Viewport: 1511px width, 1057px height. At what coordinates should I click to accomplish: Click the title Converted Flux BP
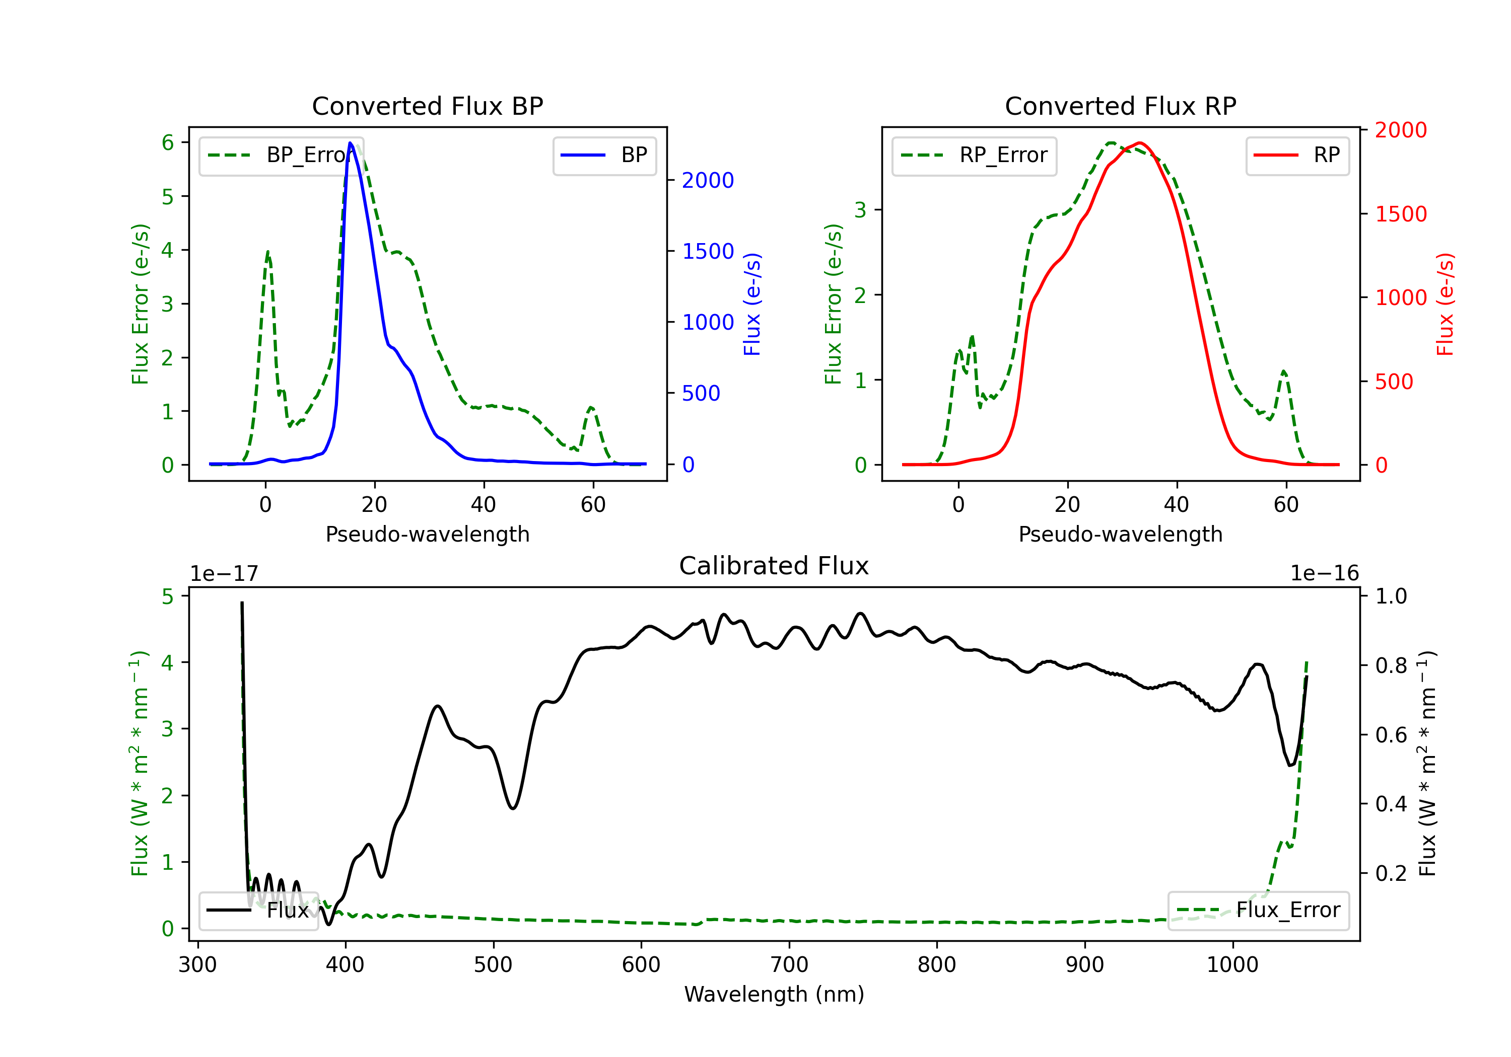click(x=427, y=106)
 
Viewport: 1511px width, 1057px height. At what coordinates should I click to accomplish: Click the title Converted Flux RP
click(x=1120, y=106)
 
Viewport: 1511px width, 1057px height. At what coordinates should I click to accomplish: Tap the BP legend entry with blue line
click(x=604, y=155)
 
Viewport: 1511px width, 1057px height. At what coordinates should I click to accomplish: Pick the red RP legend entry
click(x=1297, y=155)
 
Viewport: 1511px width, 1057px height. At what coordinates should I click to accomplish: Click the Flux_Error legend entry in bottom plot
click(x=1258, y=911)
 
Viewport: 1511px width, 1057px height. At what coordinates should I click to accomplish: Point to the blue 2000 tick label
click(x=708, y=180)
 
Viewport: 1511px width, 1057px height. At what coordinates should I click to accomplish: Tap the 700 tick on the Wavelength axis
click(x=788, y=965)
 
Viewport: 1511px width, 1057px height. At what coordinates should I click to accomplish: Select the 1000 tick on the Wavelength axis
click(x=1232, y=965)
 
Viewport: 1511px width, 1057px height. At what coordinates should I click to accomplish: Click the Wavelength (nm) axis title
click(x=774, y=995)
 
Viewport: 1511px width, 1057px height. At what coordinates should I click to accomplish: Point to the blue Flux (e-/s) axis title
click(x=751, y=304)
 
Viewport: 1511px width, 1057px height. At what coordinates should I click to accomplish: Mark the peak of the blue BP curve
click(x=350, y=143)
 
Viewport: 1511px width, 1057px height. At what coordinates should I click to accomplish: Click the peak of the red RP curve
click(x=1140, y=143)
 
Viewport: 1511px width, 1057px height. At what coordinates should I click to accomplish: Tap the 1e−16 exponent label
click(x=1324, y=574)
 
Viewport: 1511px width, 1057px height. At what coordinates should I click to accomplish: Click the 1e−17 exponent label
click(x=224, y=574)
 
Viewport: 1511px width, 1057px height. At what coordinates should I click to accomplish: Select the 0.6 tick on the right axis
click(x=1391, y=735)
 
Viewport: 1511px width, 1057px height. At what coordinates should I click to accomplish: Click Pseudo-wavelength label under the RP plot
click(x=1120, y=534)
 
